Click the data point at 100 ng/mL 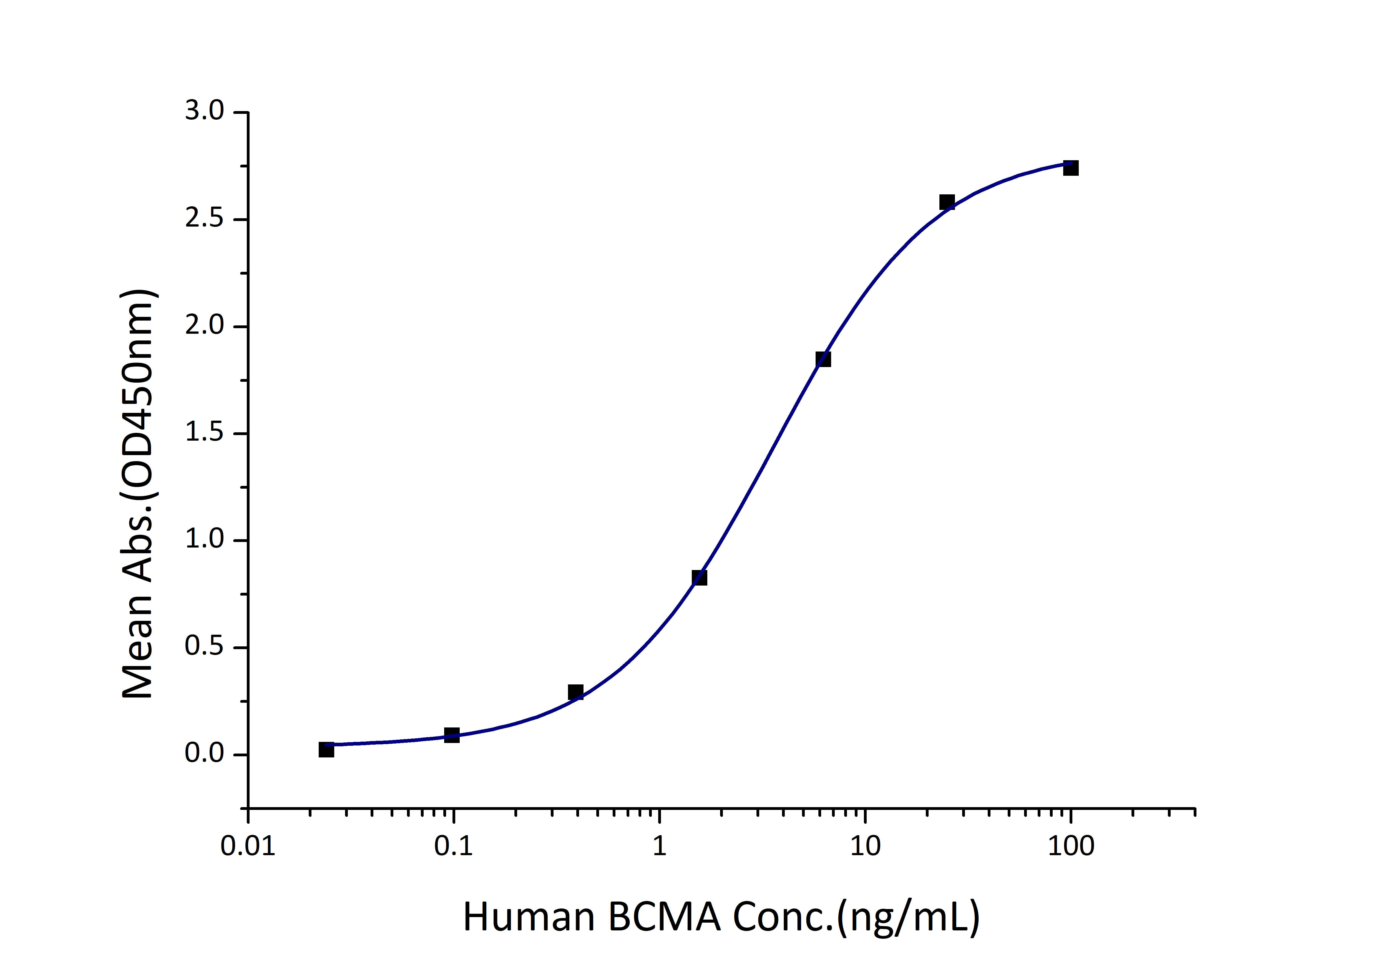coord(1071,168)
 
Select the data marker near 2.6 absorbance coord(947,202)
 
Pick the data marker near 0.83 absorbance coord(700,578)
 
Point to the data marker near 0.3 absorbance coord(575,692)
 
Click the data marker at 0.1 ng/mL coord(452,735)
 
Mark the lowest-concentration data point coord(326,750)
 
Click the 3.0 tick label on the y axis coord(204,112)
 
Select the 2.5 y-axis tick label coord(204,219)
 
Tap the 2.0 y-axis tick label coord(204,327)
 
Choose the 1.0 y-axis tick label coord(204,540)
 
